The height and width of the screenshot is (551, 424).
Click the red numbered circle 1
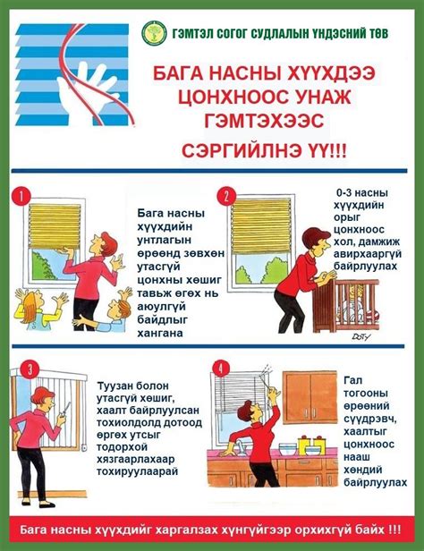(x=22, y=194)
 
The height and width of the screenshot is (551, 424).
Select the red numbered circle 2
(x=228, y=196)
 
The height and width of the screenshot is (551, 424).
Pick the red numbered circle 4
(x=221, y=369)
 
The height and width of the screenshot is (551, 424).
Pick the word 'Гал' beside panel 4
(x=352, y=380)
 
